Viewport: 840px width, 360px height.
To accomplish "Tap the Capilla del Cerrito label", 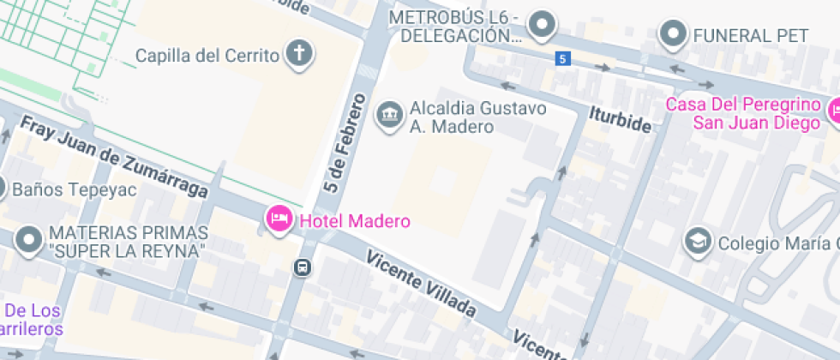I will click(208, 56).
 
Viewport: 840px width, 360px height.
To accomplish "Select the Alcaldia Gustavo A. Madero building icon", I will click(390, 115).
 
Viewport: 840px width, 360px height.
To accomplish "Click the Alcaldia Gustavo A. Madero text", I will click(477, 117).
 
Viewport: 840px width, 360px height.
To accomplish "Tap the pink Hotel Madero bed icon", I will click(279, 219).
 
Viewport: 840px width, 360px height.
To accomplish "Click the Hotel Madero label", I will click(354, 220).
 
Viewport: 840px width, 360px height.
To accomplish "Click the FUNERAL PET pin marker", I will click(673, 33).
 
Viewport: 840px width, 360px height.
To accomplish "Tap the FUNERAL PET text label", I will click(751, 35).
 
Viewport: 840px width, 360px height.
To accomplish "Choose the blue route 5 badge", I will click(561, 58).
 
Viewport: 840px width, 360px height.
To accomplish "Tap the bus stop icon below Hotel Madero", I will click(303, 267).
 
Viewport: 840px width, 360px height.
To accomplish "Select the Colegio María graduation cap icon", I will click(699, 242).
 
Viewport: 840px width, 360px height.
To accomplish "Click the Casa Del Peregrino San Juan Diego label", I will click(744, 113).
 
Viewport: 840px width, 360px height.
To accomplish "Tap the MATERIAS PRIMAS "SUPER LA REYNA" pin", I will click(30, 242).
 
